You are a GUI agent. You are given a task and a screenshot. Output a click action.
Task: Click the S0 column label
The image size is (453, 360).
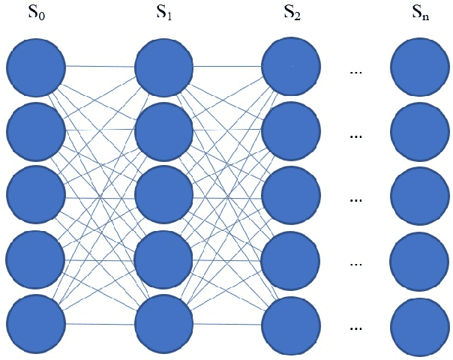(x=35, y=13)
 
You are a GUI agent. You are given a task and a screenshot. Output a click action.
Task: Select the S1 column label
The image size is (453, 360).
(x=163, y=13)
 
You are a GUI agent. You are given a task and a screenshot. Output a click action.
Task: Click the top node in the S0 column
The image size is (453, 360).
(x=35, y=67)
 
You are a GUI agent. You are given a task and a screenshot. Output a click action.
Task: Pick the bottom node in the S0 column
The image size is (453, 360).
(x=35, y=325)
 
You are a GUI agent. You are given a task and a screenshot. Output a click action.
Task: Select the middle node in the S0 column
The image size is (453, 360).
(x=35, y=196)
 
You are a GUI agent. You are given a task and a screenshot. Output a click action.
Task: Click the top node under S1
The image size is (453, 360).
(x=163, y=67)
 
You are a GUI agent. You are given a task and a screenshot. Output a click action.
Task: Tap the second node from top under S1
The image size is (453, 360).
(x=163, y=131)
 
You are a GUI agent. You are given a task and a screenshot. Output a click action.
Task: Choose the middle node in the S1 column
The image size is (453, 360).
(x=163, y=196)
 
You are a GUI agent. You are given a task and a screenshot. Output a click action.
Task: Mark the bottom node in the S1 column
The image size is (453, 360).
(x=163, y=325)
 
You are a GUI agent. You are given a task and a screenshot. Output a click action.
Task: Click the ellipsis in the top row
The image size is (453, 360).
(x=356, y=73)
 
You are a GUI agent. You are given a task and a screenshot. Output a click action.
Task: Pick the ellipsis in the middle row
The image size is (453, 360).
(x=356, y=201)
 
